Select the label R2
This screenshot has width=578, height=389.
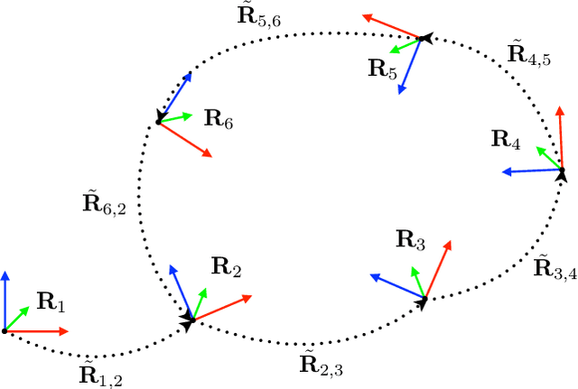226,267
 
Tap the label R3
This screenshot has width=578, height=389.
410,240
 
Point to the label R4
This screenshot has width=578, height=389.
506,140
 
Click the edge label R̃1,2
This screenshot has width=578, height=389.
99,374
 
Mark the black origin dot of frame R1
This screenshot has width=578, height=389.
5,331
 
